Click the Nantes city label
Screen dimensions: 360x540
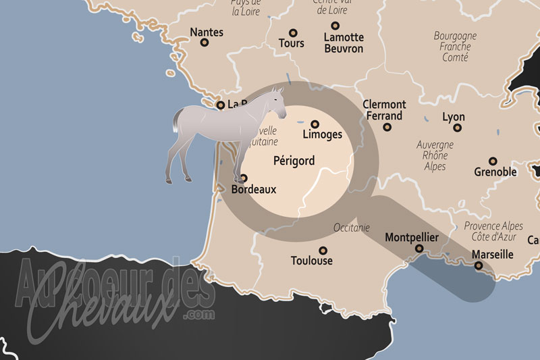(207, 32)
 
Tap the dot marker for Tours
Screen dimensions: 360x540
(293, 32)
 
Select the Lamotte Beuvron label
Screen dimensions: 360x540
(344, 43)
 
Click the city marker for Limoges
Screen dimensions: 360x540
(315, 124)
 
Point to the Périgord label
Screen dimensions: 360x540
(295, 161)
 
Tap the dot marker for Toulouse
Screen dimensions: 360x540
(323, 249)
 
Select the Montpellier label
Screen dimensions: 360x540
(411, 238)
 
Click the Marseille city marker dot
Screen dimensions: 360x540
(479, 266)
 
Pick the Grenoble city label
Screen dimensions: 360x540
(495, 172)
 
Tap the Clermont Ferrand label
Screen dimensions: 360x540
(384, 110)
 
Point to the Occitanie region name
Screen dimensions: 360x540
(352, 228)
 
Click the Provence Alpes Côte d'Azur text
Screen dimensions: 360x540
(493, 231)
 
